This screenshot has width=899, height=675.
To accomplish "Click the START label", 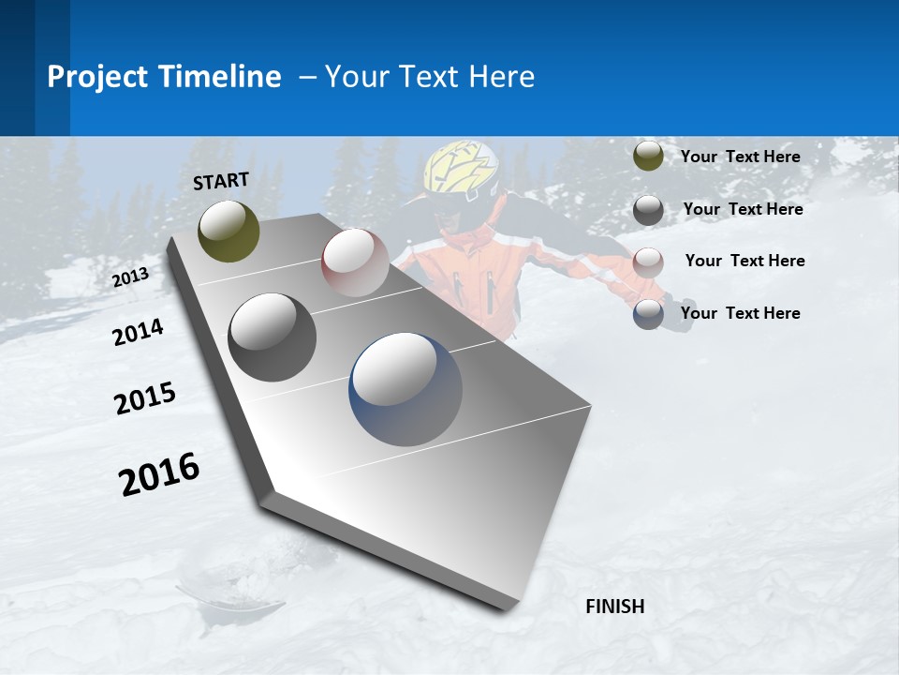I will [x=221, y=181].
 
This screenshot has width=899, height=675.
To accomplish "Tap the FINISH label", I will [x=614, y=607].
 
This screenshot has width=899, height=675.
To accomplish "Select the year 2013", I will [x=130, y=277].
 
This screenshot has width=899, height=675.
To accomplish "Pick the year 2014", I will [x=138, y=333].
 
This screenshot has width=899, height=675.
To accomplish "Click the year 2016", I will [x=159, y=474].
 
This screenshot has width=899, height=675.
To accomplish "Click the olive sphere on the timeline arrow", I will [x=228, y=231].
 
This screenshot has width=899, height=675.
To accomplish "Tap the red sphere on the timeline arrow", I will [x=355, y=262].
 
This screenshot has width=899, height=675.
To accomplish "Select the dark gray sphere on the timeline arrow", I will [x=272, y=337].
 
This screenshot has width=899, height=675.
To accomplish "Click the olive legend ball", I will [x=648, y=157].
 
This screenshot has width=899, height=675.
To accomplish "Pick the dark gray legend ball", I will [x=648, y=210].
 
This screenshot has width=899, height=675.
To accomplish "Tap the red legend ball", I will [x=648, y=262].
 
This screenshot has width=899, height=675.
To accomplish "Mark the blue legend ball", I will [x=648, y=314].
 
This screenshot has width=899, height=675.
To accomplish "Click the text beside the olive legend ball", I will [x=740, y=157].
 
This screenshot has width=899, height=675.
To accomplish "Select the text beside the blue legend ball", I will [x=740, y=313].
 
